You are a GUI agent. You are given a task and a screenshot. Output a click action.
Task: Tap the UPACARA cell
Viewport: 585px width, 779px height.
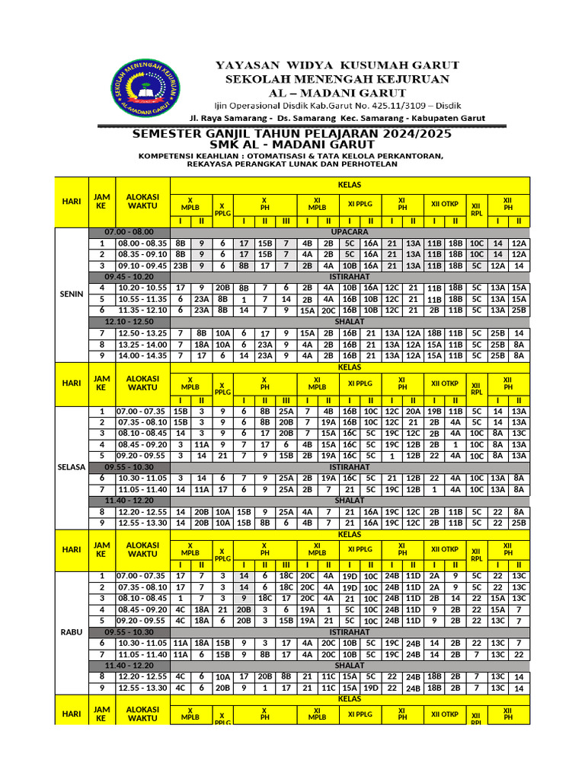point(350,231)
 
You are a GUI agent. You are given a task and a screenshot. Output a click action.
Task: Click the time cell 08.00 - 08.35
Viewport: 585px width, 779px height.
point(142,243)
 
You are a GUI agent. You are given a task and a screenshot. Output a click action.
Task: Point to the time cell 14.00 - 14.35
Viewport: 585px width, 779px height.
point(142,355)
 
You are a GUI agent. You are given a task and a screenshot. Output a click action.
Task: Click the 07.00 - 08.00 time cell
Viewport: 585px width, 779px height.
point(129,231)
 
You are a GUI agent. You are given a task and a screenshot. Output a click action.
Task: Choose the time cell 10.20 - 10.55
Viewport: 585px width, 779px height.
point(142,288)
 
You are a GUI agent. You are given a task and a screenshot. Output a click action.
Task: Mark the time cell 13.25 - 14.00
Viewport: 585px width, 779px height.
point(142,344)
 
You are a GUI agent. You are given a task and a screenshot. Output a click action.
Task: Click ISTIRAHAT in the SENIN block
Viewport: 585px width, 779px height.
point(350,276)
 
